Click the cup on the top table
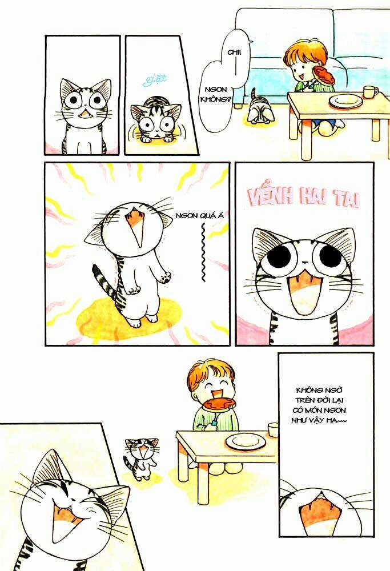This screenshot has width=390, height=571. pos(370,92)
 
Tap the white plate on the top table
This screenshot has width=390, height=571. pos(345,101)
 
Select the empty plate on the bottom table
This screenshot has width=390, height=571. pos(244,441)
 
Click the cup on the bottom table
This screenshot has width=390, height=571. pos(274,429)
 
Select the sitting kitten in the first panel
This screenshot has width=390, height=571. pos(85,117)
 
